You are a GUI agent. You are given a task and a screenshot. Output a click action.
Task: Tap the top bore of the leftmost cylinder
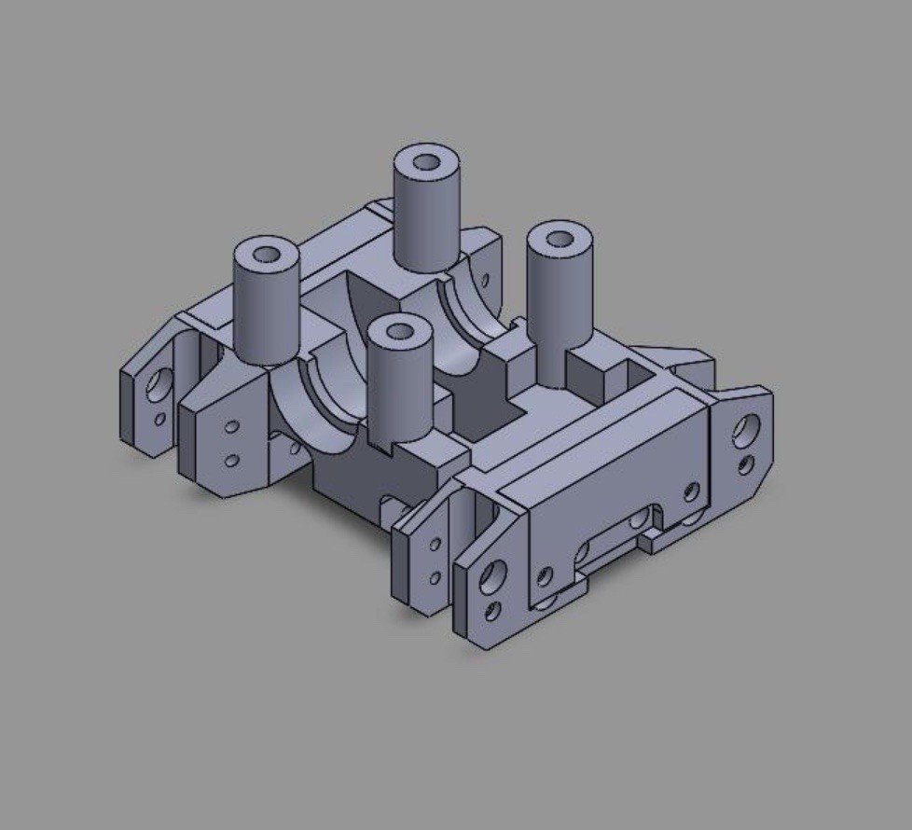pos(266,254)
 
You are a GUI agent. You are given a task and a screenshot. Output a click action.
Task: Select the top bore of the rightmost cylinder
pos(560,239)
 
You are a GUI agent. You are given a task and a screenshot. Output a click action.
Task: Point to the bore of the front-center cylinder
pos(400,331)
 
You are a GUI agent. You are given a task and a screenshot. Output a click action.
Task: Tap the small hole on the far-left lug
pos(159,419)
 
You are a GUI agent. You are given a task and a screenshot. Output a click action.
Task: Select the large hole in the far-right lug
pos(746,429)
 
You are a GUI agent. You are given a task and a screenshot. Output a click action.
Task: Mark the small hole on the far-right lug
pos(745,463)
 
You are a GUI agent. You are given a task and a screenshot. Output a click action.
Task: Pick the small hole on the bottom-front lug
pos(492,612)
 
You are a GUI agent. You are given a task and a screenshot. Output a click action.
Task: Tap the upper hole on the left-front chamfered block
pos(231,427)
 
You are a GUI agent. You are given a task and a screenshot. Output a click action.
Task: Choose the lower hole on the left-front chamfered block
pos(231,460)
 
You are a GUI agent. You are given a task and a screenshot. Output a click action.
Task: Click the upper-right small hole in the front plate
pos(691,491)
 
